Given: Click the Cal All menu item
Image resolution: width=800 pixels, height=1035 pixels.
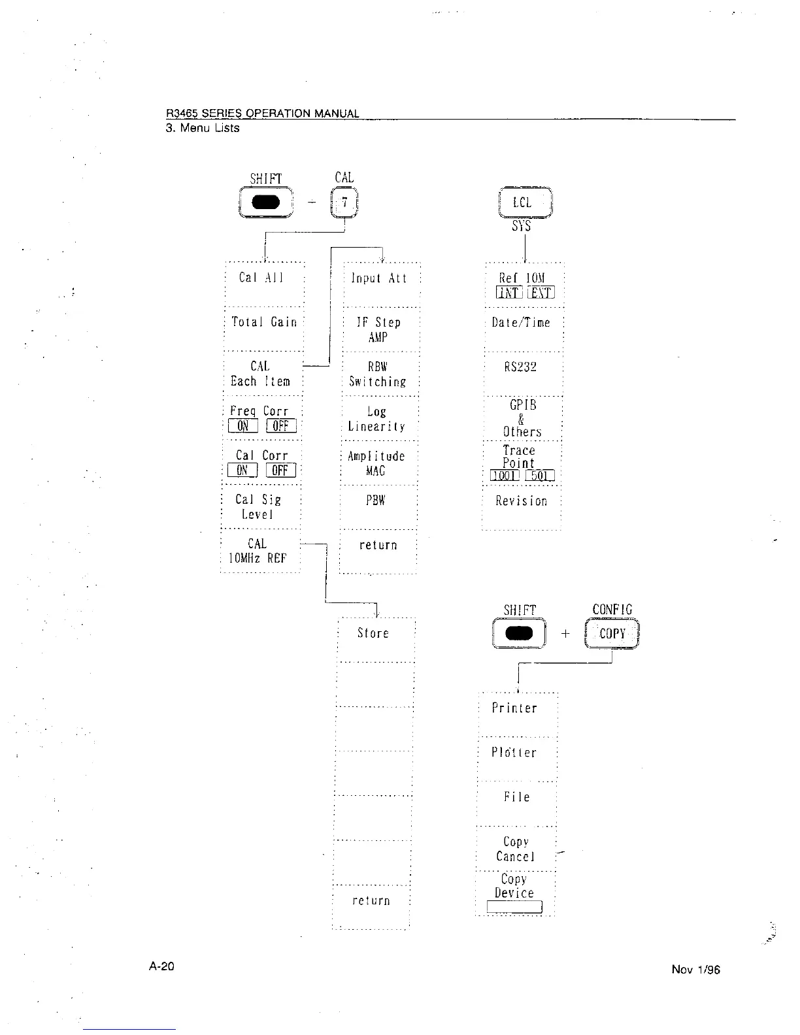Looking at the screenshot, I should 261,278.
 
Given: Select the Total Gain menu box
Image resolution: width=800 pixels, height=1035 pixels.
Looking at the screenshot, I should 264,322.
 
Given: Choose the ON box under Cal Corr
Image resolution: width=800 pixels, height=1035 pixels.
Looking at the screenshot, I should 242,470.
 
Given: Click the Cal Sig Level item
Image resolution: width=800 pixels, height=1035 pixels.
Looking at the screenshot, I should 258,507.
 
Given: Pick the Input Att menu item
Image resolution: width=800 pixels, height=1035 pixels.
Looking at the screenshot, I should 378,278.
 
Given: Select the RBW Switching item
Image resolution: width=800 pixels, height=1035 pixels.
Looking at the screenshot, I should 377,374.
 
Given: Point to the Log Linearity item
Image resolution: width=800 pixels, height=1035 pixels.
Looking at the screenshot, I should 376,419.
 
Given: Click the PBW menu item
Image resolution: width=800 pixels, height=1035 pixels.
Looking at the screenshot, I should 376,501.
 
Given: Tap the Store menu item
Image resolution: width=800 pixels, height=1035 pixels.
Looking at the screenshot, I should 373,633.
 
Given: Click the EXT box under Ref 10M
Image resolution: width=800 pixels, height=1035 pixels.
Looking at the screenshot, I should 541,293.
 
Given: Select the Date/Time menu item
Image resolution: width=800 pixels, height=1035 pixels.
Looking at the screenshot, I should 521,322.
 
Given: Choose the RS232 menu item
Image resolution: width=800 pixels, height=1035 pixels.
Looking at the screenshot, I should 520,367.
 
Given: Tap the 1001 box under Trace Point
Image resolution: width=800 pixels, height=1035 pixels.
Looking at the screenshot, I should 505,476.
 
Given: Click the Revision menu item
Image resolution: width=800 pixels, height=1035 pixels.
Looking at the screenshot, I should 521,501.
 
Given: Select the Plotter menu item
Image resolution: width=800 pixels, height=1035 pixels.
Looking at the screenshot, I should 514,753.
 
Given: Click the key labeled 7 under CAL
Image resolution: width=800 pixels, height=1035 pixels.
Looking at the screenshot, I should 344,203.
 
